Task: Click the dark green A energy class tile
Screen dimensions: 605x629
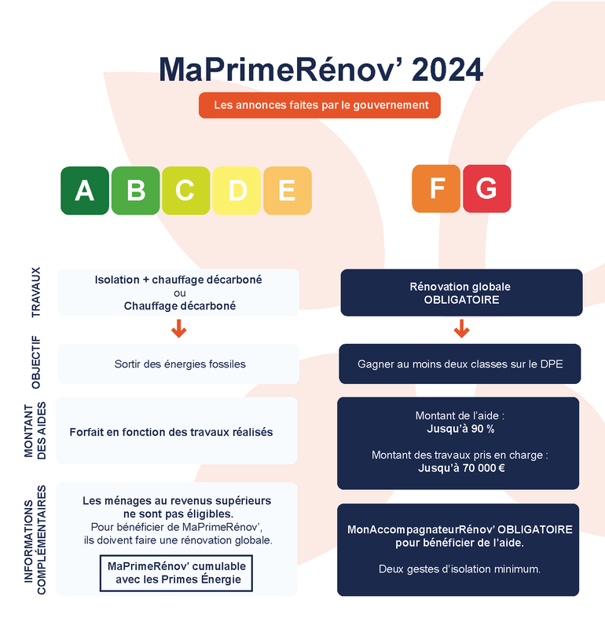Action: pyautogui.click(x=85, y=191)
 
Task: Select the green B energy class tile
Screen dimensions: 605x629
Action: pyautogui.click(x=136, y=191)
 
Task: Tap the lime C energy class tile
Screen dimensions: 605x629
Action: pyautogui.click(x=186, y=191)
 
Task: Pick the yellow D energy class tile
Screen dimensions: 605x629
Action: pyautogui.click(x=236, y=191)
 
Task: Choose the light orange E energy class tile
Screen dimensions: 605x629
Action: pyautogui.click(x=288, y=191)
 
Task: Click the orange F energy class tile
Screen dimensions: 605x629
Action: pyautogui.click(x=436, y=188)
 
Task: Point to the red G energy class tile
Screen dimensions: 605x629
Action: pyautogui.click(x=487, y=188)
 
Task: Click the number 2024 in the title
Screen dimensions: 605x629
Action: pyautogui.click(x=447, y=70)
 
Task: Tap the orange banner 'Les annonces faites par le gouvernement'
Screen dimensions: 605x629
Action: pyautogui.click(x=320, y=105)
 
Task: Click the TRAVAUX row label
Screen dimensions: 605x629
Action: pyautogui.click(x=36, y=292)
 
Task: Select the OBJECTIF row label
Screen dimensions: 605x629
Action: pyautogui.click(x=36, y=362)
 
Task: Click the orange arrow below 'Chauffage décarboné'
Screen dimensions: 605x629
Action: pyautogui.click(x=179, y=328)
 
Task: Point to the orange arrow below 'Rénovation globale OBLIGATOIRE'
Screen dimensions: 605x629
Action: pyautogui.click(x=462, y=328)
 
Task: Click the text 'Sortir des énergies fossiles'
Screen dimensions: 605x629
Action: pyautogui.click(x=180, y=364)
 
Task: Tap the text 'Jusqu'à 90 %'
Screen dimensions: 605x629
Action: pyautogui.click(x=460, y=429)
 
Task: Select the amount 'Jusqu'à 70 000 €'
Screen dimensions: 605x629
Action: pyautogui.click(x=462, y=468)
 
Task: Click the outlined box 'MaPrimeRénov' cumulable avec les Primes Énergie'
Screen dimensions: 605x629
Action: pyautogui.click(x=176, y=573)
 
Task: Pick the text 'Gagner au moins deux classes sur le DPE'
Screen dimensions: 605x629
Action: pyautogui.click(x=460, y=364)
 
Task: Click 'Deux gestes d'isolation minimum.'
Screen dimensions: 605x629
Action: pyautogui.click(x=460, y=569)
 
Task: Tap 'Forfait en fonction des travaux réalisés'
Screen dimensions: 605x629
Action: pyautogui.click(x=171, y=432)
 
